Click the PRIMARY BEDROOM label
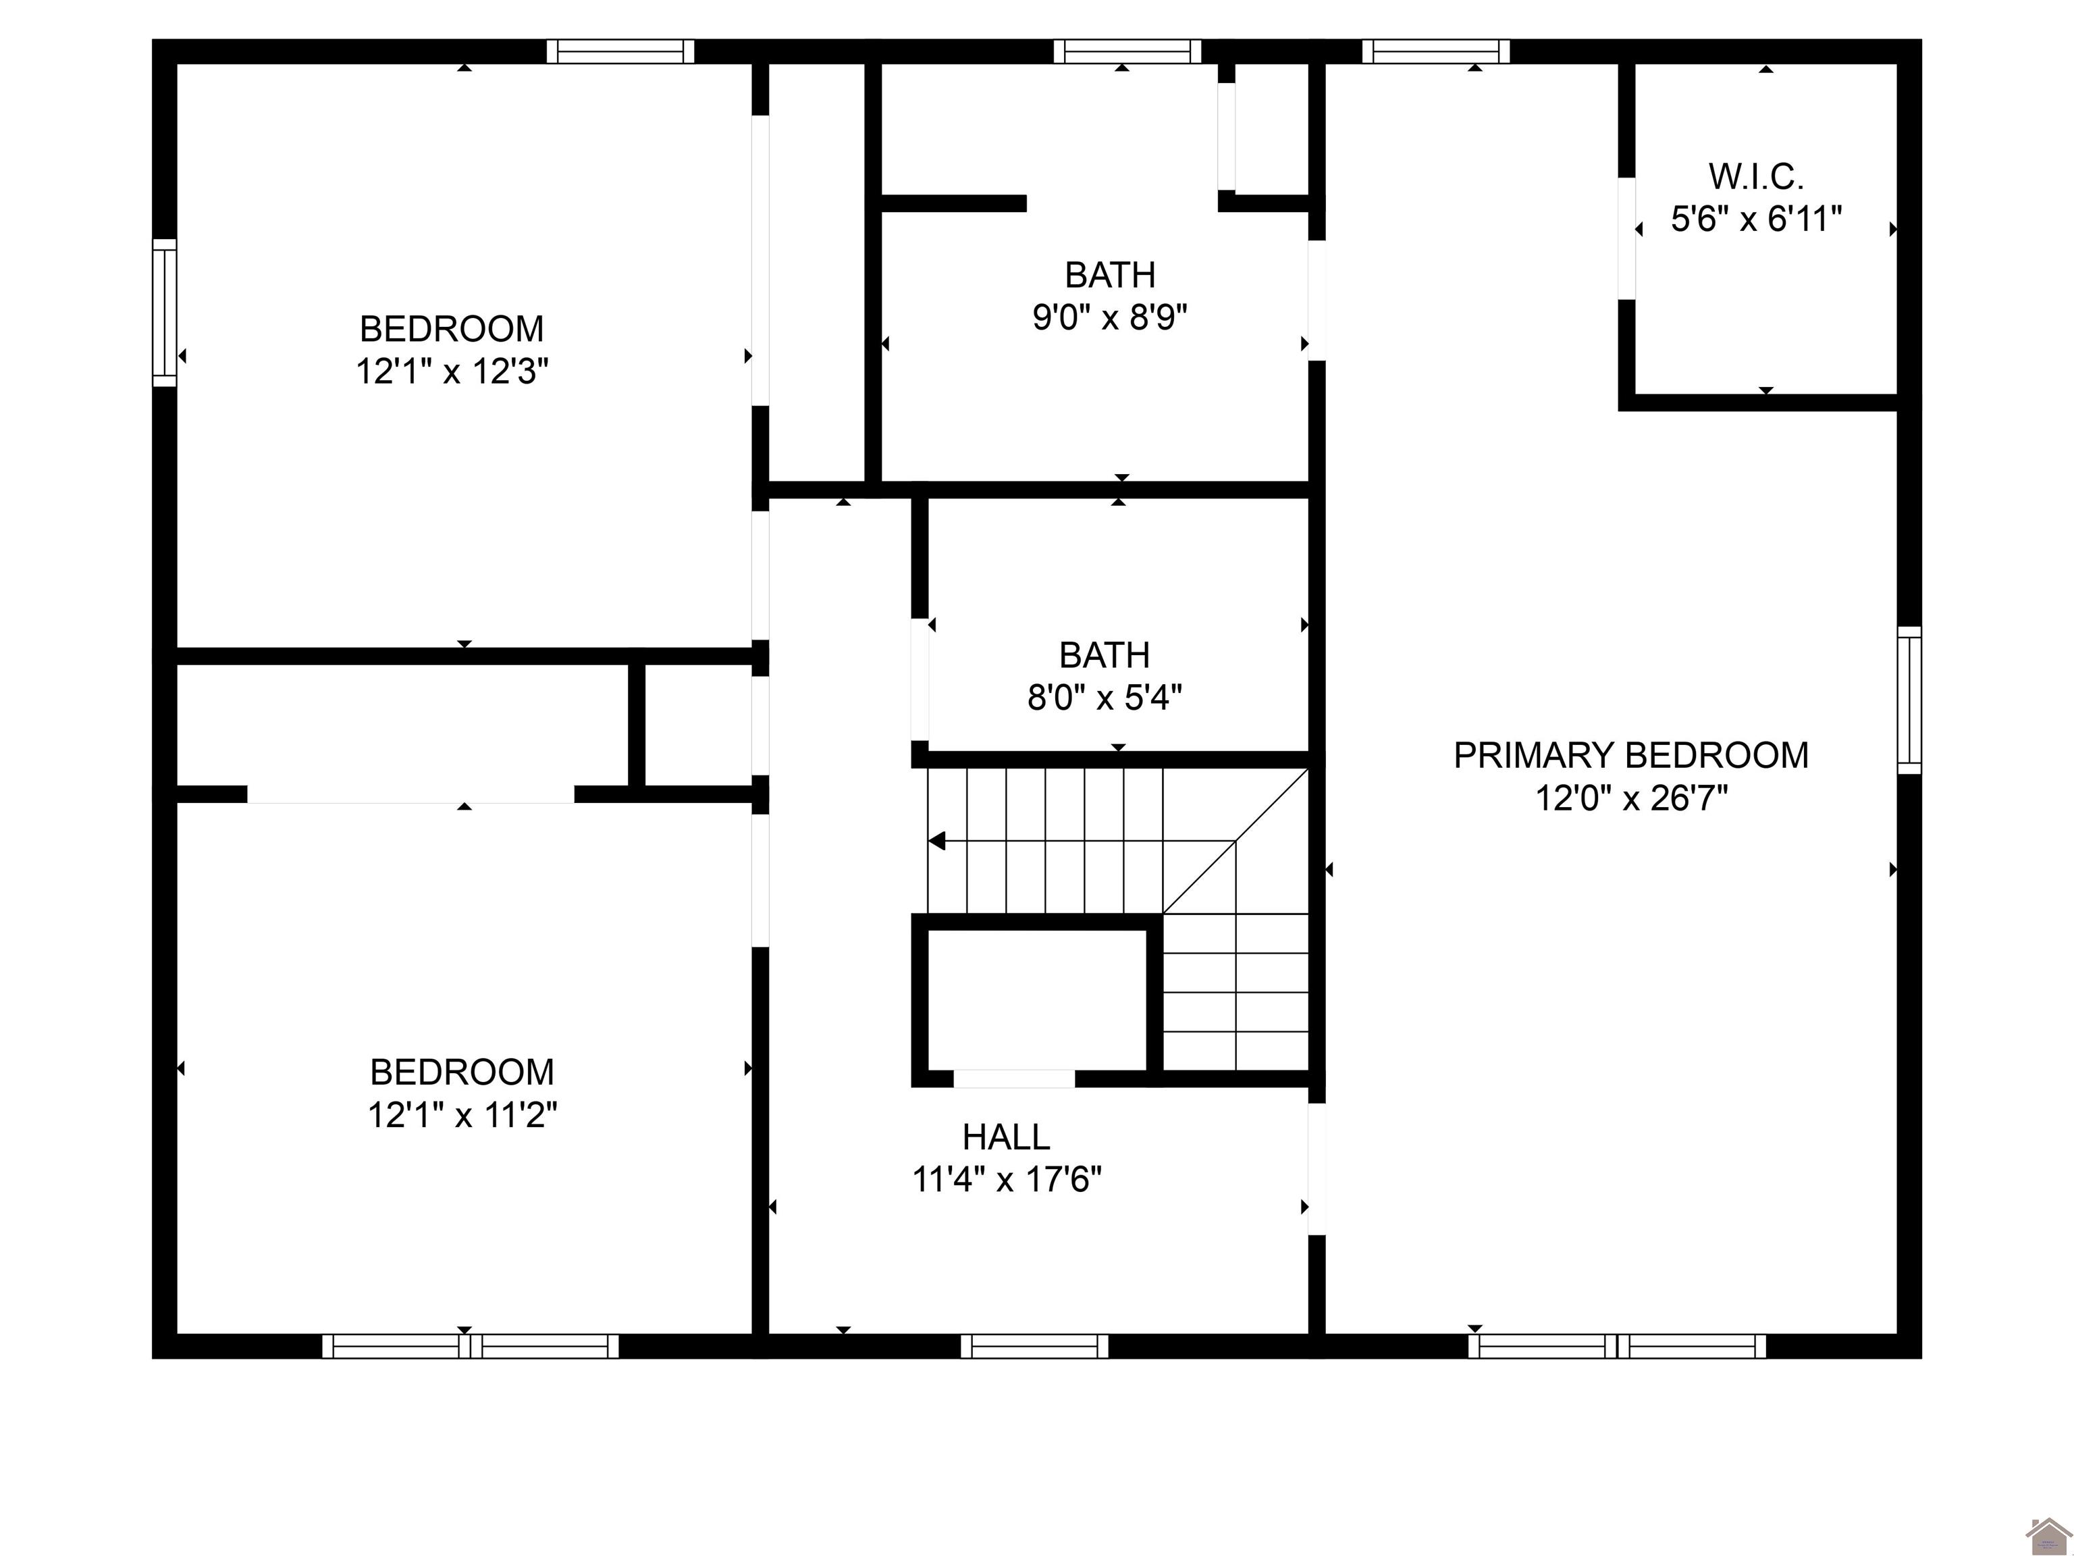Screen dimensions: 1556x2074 click(1630, 755)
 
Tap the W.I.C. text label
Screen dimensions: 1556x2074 click(1755, 176)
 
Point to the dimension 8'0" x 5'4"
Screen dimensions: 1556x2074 click(1104, 698)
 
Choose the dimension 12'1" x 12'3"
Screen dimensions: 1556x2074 click(451, 372)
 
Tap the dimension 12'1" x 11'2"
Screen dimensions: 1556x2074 click(462, 1115)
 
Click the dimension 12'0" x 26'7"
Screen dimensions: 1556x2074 click(1630, 799)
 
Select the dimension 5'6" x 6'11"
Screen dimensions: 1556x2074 click(1755, 219)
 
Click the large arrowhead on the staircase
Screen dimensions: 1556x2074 click(936, 841)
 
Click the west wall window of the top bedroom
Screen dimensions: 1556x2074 click(165, 312)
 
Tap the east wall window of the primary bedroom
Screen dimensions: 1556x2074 click(1909, 700)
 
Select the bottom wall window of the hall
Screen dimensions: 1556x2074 click(1034, 1346)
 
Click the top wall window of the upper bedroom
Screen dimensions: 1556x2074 click(620, 51)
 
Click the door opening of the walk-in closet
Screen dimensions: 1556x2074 click(1628, 238)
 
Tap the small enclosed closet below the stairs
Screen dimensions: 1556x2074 click(1036, 1000)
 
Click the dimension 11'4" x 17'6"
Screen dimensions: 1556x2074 click(1005, 1180)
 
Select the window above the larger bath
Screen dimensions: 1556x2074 click(1127, 51)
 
